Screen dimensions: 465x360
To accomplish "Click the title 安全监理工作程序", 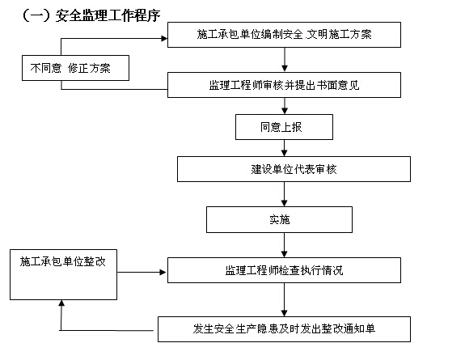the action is (x=108, y=15).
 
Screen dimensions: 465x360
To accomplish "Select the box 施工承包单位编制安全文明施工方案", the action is (x=284, y=35).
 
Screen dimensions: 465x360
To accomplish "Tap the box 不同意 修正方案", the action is (x=76, y=68).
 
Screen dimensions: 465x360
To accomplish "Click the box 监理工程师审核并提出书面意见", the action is (x=284, y=85).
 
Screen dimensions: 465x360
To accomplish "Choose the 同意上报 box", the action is (x=284, y=127).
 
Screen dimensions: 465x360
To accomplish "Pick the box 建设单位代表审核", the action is (x=294, y=169).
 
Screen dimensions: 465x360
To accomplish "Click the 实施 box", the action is (x=279, y=219).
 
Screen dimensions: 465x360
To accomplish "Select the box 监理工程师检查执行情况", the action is (x=284, y=270).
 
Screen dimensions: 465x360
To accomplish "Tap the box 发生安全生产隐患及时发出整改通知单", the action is (x=284, y=329).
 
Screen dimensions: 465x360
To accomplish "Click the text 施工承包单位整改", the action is (x=63, y=261).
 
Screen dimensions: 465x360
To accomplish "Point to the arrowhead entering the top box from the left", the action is (x=164, y=38).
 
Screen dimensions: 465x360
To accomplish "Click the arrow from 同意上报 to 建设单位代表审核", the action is (x=284, y=148).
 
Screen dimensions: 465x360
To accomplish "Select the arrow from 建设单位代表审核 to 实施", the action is (x=284, y=194).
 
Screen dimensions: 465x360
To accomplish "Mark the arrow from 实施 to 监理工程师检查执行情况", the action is (x=284, y=245).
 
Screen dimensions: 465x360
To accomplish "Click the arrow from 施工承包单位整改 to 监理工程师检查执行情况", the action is (x=142, y=272).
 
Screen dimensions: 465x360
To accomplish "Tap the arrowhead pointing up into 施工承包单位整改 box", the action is (x=61, y=303).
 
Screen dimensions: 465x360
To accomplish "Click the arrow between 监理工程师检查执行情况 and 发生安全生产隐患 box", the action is (x=284, y=300).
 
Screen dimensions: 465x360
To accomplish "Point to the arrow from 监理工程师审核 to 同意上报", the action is (x=285, y=106).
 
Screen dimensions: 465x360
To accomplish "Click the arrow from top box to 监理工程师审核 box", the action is (x=285, y=60).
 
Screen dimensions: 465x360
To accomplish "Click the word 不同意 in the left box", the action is (x=45, y=68).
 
